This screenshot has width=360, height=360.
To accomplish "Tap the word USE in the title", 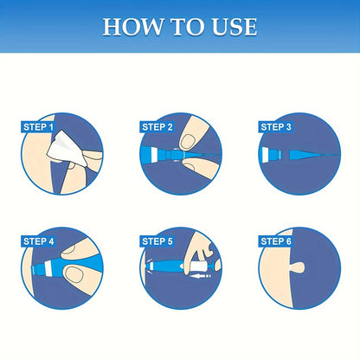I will [231, 26].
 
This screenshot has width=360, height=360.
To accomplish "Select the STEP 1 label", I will [36, 127].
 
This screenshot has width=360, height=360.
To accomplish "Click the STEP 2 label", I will [157, 127].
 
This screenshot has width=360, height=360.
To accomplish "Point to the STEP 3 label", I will [277, 127].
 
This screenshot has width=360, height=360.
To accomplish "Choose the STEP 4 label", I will [38, 241].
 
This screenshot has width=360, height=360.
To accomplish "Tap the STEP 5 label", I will [157, 241].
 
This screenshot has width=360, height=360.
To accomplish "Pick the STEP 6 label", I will [277, 241].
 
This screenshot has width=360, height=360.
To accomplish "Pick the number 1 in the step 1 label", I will [52, 127].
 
